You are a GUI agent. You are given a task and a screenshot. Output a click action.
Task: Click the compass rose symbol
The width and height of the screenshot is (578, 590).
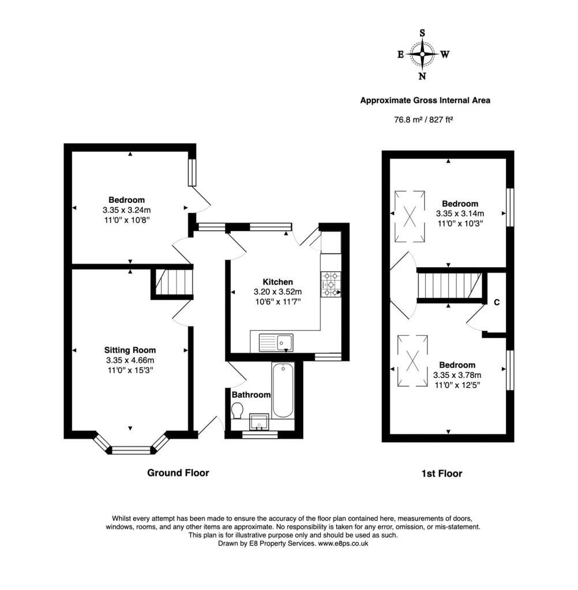(422, 55)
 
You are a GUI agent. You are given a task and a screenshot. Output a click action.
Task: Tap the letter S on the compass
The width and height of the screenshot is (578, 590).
(422, 33)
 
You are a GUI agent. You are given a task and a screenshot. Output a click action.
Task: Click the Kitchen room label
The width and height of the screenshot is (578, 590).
(277, 282)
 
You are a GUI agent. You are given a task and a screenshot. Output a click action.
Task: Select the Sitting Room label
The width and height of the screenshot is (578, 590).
(130, 350)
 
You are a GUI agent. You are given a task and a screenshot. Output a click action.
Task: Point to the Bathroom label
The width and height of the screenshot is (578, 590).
(251, 395)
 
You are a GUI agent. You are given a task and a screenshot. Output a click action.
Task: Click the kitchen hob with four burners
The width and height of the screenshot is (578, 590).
(331, 284)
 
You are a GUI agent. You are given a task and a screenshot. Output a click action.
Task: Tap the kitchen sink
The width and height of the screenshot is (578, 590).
(276, 342)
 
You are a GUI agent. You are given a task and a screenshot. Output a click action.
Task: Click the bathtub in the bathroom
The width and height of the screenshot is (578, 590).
(283, 390)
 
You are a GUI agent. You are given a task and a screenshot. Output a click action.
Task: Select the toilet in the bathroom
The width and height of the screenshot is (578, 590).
(238, 410)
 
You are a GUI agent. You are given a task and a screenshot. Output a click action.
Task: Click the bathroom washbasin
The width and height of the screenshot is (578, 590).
(259, 422)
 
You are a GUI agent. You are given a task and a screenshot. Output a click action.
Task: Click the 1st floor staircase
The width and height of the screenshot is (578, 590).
(450, 285)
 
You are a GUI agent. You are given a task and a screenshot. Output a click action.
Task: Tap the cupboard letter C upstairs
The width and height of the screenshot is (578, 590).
(497, 302)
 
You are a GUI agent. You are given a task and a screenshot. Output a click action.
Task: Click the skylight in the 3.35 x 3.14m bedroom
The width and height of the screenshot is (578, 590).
(410, 217)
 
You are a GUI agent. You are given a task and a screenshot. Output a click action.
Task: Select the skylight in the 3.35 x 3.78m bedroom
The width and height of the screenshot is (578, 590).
(412, 361)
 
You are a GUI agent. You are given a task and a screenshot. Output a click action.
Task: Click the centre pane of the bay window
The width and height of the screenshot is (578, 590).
(131, 450)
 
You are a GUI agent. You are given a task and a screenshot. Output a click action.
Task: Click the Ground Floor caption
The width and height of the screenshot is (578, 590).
(178, 473)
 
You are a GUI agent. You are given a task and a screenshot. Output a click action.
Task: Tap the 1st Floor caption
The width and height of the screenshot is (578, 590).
(442, 474)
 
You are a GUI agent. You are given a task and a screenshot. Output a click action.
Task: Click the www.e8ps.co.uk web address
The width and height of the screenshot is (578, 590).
(343, 544)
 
